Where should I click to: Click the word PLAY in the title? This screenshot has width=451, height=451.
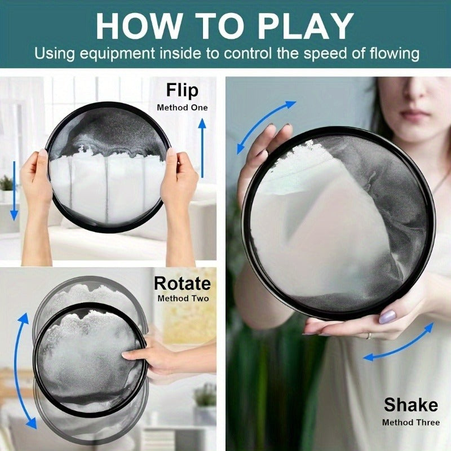[x=306, y=26]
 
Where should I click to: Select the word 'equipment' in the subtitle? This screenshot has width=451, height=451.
[x=117, y=54]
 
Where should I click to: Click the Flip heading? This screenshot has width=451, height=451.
[x=182, y=90]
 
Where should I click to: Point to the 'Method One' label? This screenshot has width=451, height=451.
[x=182, y=108]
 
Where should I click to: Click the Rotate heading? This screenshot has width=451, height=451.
[x=182, y=284]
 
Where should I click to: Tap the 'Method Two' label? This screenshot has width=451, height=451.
[x=183, y=299]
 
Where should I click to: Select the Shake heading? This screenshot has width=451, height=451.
[x=411, y=405]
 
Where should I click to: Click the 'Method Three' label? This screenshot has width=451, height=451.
[x=411, y=422]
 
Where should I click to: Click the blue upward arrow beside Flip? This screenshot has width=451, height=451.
[x=202, y=148]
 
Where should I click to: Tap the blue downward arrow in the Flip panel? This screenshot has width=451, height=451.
[x=14, y=191]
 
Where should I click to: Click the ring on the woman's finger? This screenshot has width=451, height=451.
[x=369, y=335]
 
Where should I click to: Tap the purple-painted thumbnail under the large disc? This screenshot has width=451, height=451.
[x=387, y=317]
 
